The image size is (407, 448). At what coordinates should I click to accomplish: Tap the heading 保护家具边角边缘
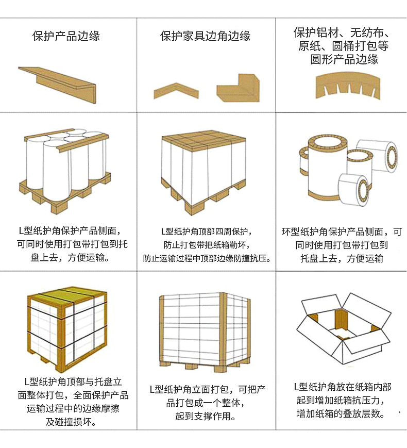[x=205, y=36]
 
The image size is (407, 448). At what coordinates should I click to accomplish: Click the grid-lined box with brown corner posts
[x=205, y=330]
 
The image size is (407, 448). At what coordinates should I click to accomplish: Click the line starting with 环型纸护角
[x=342, y=232]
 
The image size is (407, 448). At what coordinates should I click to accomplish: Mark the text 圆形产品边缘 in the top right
[x=344, y=59]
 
